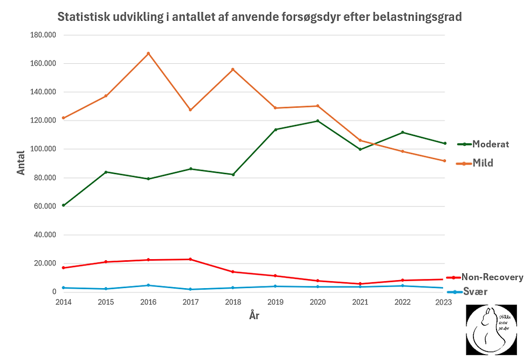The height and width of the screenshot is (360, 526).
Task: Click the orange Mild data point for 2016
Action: pos(148,53)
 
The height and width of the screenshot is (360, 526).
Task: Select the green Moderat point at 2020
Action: pos(318,121)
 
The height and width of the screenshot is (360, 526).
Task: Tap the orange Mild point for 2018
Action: pos(233,69)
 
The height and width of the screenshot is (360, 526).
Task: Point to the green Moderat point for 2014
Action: pos(63,205)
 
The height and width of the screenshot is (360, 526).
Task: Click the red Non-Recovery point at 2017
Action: pos(191,259)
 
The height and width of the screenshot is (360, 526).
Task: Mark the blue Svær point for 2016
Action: pos(148,285)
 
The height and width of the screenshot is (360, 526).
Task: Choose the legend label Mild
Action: pos(483,163)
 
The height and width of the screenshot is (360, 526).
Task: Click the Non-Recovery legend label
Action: pos(492,277)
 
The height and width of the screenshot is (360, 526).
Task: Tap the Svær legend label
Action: pos(475,292)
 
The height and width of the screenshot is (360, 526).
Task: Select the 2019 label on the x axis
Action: pos(275,303)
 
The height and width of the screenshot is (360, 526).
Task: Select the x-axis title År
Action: pos(254,315)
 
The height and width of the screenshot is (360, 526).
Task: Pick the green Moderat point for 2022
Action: pos(403,132)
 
